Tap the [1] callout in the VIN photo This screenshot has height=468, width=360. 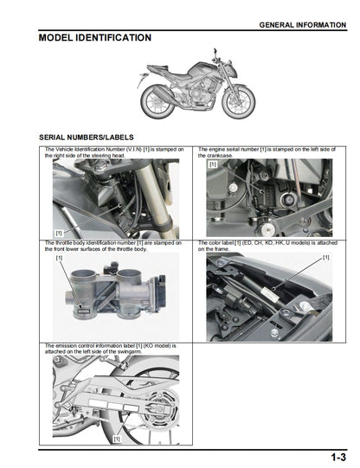(x=59, y=234)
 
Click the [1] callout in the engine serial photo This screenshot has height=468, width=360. (x=213, y=163)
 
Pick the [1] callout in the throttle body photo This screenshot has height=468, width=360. (x=60, y=258)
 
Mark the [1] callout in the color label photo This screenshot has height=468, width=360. (x=325, y=258)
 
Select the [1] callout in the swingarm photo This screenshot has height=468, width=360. (x=116, y=439)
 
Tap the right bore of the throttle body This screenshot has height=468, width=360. (x=125, y=282)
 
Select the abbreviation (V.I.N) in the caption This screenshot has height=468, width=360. (x=127, y=150)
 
